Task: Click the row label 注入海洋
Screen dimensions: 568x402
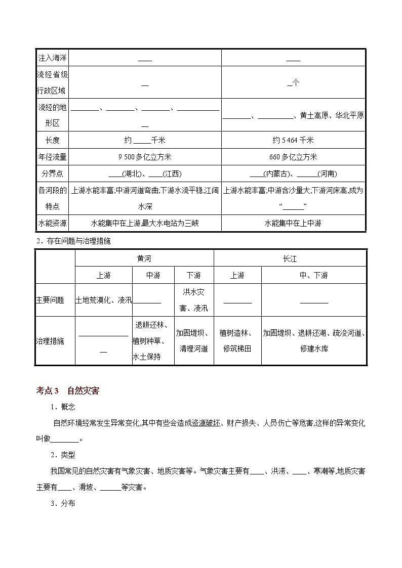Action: (x=52, y=58)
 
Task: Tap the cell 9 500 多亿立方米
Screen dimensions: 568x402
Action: (x=145, y=157)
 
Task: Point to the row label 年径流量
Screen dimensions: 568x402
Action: (x=52, y=157)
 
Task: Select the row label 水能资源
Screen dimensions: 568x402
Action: (x=52, y=223)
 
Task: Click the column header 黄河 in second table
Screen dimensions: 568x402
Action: (x=144, y=258)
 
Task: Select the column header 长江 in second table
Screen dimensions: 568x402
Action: (x=290, y=258)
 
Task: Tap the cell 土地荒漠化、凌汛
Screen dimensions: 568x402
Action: (x=103, y=300)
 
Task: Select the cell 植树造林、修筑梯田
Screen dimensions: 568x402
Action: (x=237, y=341)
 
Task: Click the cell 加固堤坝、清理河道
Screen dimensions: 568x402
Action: (x=193, y=341)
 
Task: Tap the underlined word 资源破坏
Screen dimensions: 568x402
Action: (x=206, y=423)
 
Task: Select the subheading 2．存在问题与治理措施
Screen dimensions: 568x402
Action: (x=73, y=241)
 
